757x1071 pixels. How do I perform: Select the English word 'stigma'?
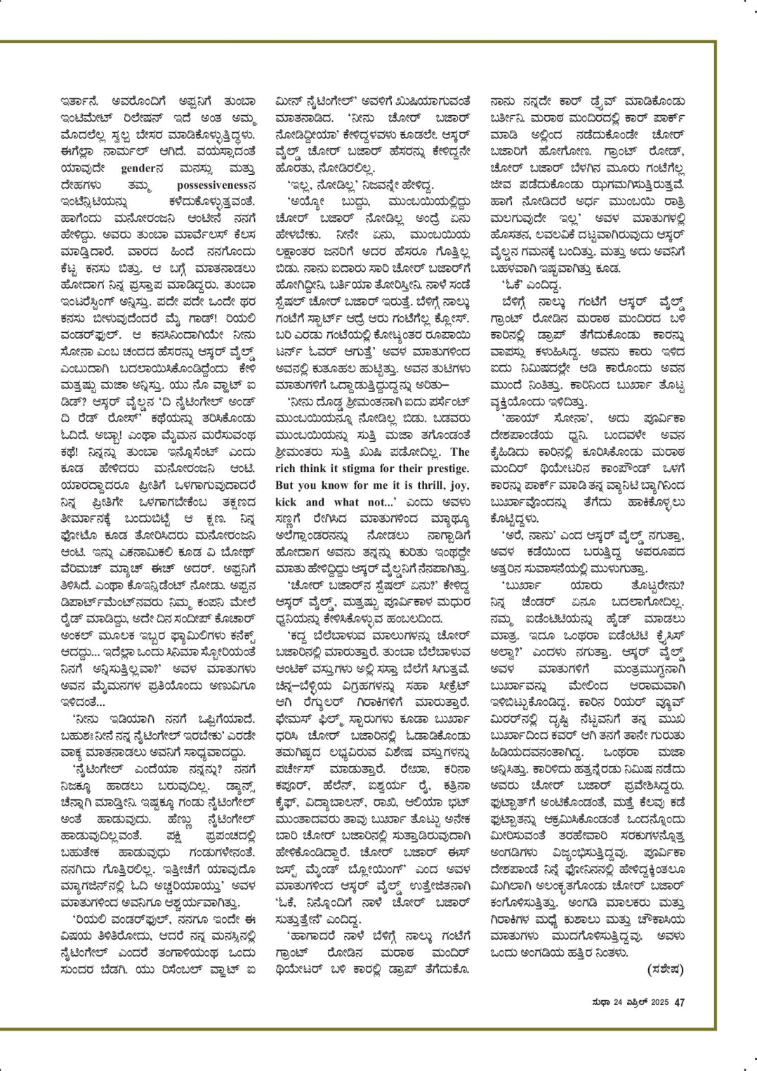364,468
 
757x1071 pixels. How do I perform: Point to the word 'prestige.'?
445,468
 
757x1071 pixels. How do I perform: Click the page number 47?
679,1002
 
